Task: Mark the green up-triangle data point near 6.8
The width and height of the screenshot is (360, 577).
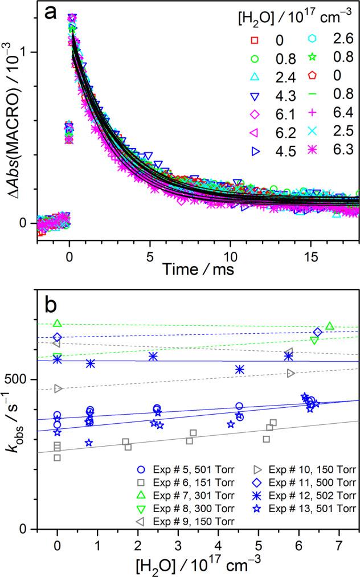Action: point(329,326)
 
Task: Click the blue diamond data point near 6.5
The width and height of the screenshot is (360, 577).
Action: point(317,332)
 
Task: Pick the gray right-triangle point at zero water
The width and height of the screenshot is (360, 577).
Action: point(58,388)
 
